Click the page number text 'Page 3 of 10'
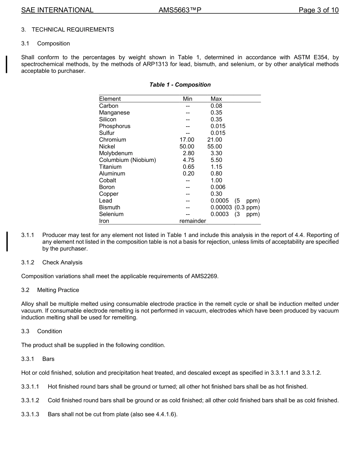point(318,10)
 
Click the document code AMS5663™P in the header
point(180,10)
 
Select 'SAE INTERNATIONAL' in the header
point(57,10)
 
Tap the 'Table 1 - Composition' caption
point(180,85)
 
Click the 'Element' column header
point(110,99)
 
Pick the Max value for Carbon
point(216,106)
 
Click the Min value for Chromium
point(187,140)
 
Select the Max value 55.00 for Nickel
point(215,146)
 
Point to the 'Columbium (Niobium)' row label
point(127,160)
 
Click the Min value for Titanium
point(188,167)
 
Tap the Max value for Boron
point(218,187)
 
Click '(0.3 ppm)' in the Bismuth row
point(247,207)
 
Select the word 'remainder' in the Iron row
point(193,221)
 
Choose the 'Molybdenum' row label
point(116,153)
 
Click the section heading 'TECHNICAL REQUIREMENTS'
point(73,30)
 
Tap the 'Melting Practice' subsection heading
point(58,290)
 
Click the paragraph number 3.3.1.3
point(30,414)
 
